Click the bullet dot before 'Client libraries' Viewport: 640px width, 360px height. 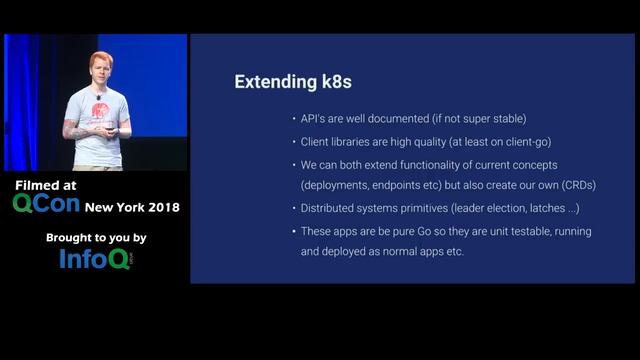point(292,142)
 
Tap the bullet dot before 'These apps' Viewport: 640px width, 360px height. point(292,231)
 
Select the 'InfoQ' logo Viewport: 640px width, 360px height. point(96,259)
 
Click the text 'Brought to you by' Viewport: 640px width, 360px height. point(96,238)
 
